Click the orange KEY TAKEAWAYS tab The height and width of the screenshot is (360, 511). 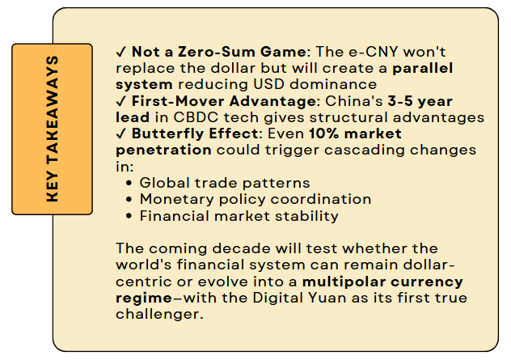[x=52, y=129]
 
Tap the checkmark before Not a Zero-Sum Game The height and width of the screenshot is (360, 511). [x=121, y=52]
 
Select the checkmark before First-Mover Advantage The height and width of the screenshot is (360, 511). [x=121, y=101]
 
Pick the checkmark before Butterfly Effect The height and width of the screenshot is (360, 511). [x=121, y=134]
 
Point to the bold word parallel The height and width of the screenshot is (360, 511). [x=423, y=68]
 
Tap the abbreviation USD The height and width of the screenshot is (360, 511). [x=268, y=84]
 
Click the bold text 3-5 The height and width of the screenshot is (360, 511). [x=400, y=101]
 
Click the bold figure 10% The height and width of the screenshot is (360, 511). [x=324, y=133]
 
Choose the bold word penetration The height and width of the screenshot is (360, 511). [x=163, y=150]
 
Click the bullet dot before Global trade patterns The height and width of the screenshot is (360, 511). [x=129, y=184]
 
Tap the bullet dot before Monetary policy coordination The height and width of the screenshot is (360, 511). [x=129, y=200]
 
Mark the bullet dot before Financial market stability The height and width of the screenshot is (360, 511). [x=129, y=216]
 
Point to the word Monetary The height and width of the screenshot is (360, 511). [x=177, y=200]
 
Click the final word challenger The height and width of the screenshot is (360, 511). [x=159, y=315]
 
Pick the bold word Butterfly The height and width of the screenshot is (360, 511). [x=167, y=134]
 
